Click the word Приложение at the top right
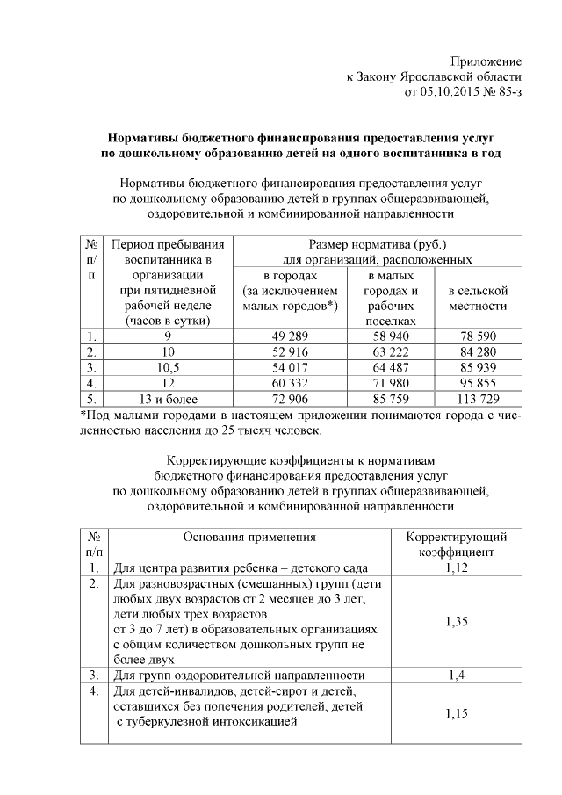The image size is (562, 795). click(x=486, y=61)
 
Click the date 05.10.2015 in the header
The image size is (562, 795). click(x=452, y=91)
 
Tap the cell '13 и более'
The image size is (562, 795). click(x=167, y=401)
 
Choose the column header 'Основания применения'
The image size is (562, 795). click(x=249, y=537)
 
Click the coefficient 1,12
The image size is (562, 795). click(x=456, y=568)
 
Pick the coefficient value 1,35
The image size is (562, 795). click(x=456, y=621)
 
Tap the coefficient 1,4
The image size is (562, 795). click(x=456, y=675)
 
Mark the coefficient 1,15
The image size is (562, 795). click(x=456, y=714)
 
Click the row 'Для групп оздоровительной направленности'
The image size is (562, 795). click(x=239, y=675)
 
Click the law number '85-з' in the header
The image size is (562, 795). click(x=509, y=91)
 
